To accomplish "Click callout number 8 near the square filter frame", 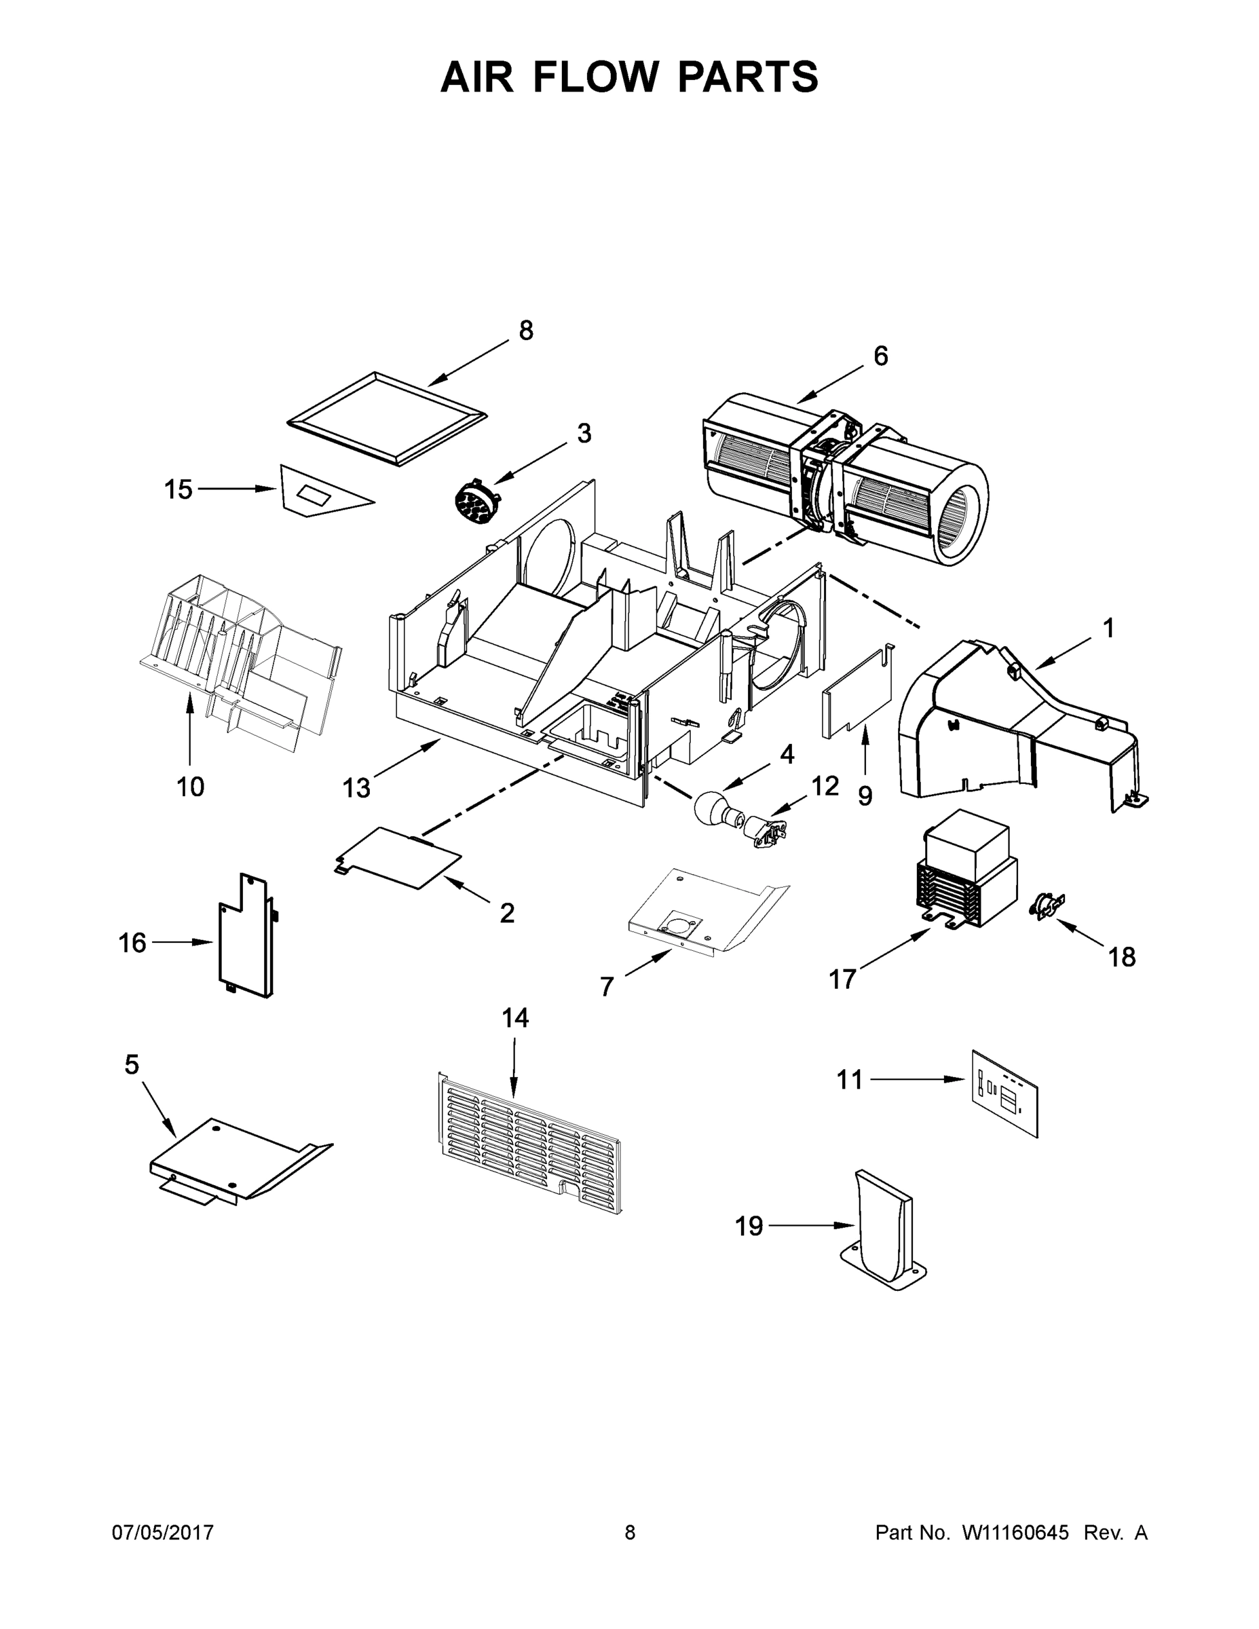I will [x=526, y=331].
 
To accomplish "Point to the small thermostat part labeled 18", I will [x=1047, y=905].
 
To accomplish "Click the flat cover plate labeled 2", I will [x=399, y=858].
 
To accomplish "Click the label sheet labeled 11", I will [x=1004, y=1093].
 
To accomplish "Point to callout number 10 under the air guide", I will [x=190, y=786].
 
